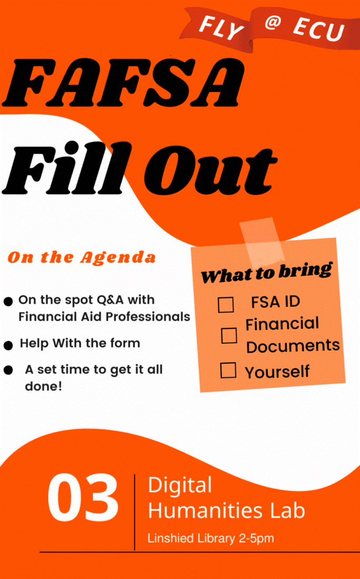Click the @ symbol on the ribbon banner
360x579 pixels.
pyautogui.click(x=273, y=23)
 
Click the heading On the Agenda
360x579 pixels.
pyautogui.click(x=81, y=257)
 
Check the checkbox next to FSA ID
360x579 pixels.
pyautogui.click(x=226, y=305)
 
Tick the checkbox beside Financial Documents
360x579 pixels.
pyautogui.click(x=229, y=335)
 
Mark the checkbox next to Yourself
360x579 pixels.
pyautogui.click(x=228, y=370)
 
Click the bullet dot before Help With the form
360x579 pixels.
pyautogui.click(x=8, y=345)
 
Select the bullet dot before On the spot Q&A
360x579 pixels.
pyautogui.click(x=8, y=301)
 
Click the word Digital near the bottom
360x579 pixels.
pyautogui.click(x=180, y=485)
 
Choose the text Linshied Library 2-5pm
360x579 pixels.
pyautogui.click(x=210, y=538)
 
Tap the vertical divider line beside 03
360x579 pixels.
pyautogui.click(x=134, y=512)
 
